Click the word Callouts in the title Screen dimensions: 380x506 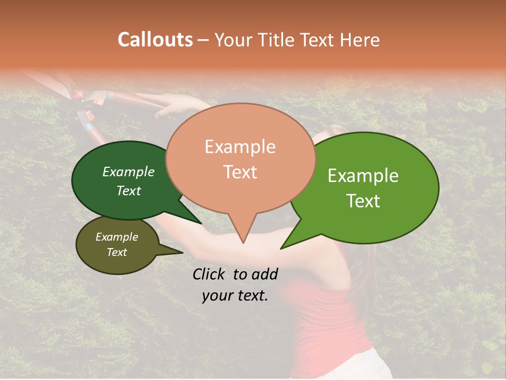155,40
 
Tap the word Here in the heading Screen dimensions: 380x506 360,40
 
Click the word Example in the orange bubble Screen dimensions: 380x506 240,147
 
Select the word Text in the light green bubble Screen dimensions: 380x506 364,201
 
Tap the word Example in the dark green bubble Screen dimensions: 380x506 128,172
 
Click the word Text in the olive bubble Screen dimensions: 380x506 117,252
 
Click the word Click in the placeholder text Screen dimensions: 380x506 209,274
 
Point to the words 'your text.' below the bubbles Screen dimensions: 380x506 235,296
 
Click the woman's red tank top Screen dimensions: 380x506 327,317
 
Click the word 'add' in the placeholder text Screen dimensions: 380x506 265,274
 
